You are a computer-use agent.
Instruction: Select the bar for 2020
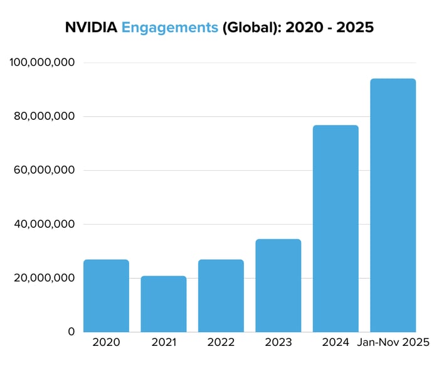tap(106, 296)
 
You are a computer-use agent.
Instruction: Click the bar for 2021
tap(163, 304)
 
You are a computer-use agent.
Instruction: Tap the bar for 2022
tap(221, 296)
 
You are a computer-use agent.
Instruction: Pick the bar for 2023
tap(278, 286)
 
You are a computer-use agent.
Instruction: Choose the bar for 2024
tap(336, 229)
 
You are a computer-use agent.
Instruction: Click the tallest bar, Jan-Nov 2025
tap(393, 205)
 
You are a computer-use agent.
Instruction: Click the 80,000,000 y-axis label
tap(41, 117)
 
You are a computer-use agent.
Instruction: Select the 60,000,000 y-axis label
tap(41, 171)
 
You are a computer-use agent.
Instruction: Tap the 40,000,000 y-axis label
tap(41, 225)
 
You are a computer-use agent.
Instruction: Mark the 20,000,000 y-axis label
tap(41, 278)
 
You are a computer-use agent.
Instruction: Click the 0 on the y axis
tap(71, 331)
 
